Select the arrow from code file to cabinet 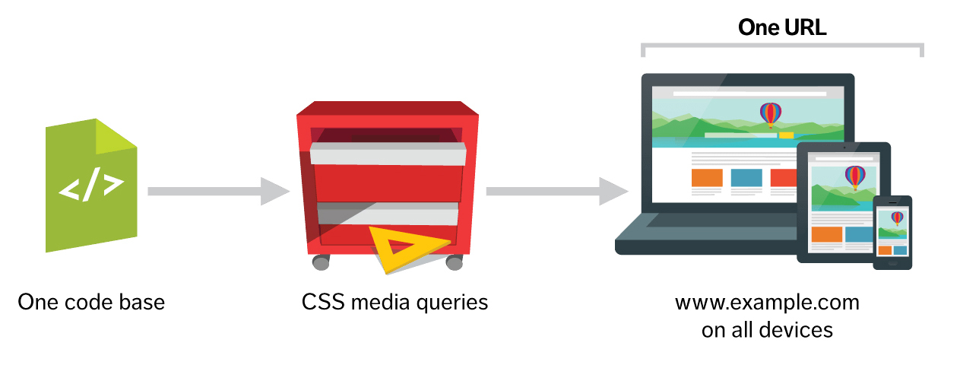pos(217,191)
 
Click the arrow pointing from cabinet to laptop pos(555,191)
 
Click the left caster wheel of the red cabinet pos(322,262)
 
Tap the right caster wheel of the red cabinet pos(454,262)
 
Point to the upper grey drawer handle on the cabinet pos(388,156)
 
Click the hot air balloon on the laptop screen pos(771,115)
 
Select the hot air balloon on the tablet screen pos(855,176)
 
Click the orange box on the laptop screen pos(707,178)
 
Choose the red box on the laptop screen pos(782,178)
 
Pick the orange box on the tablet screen pos(827,234)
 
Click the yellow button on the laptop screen pos(786,135)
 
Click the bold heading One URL pos(781,29)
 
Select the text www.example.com pos(767,303)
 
